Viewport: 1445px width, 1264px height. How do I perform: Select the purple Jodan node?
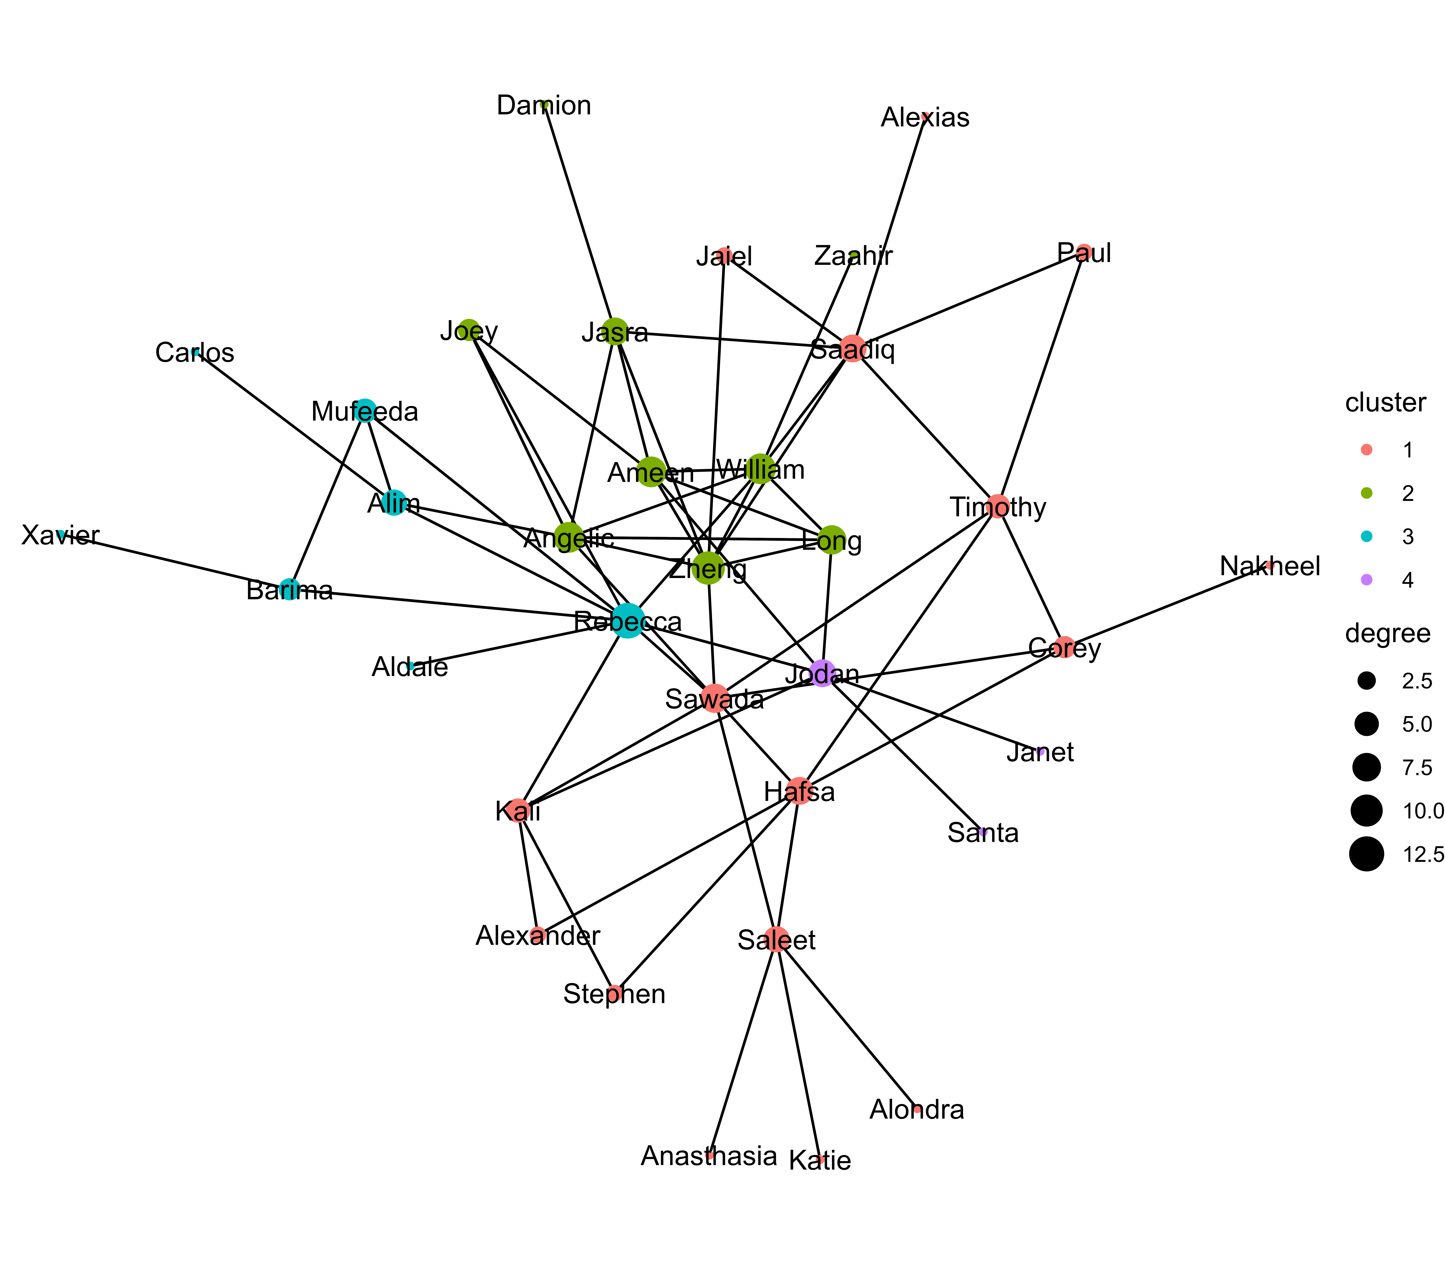tap(822, 674)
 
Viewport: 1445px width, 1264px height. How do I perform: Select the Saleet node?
tap(776, 940)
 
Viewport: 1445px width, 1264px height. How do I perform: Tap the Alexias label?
tap(925, 118)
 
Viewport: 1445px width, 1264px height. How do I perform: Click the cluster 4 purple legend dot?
tap(1366, 580)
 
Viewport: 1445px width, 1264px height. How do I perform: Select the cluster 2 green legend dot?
tap(1366, 493)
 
